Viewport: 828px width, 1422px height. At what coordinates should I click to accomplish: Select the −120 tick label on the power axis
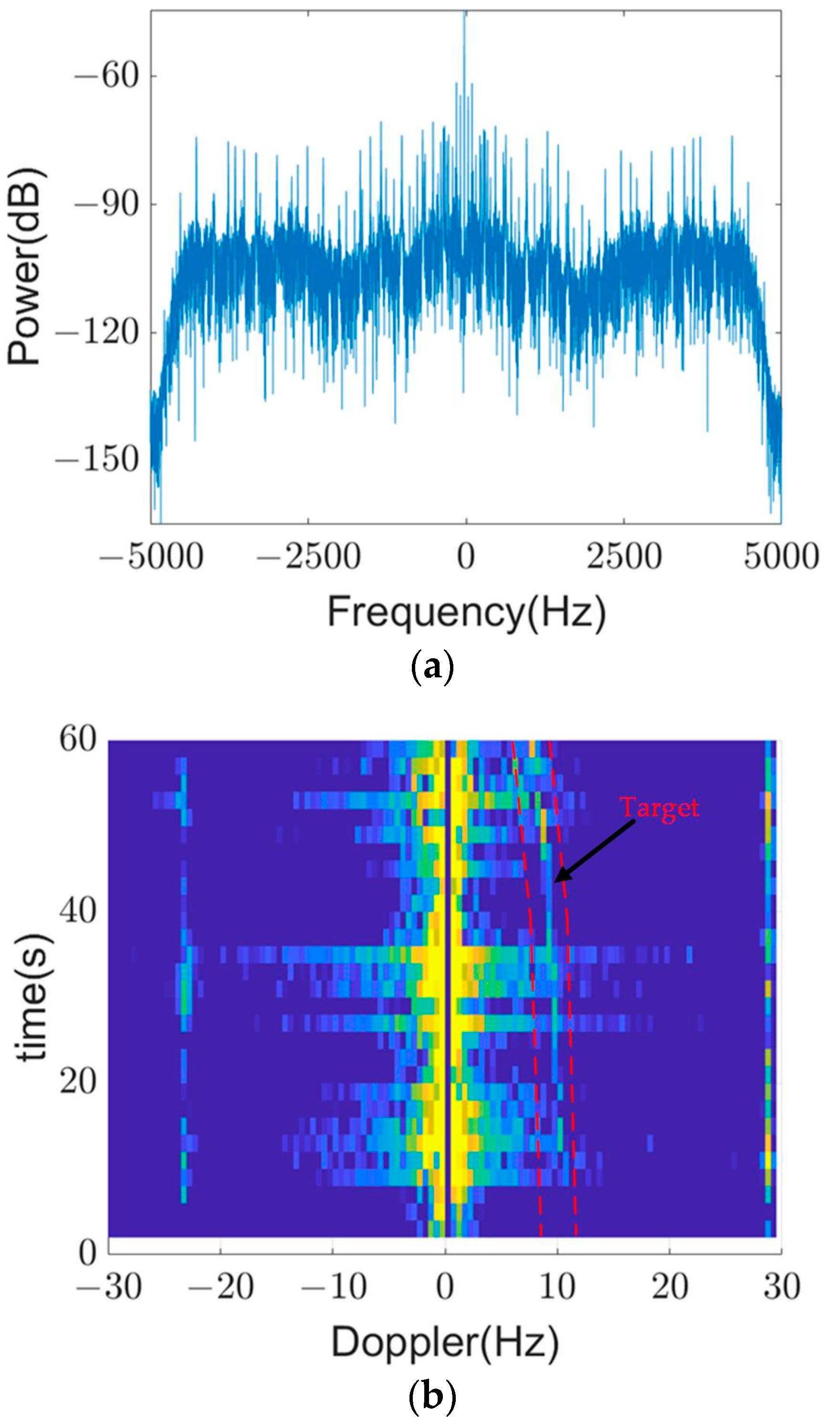(96, 333)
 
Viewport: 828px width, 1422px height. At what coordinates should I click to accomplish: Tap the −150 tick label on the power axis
(96, 459)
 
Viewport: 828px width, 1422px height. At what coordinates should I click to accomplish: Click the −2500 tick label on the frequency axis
(308, 557)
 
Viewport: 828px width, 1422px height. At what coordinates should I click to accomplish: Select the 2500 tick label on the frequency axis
(624, 557)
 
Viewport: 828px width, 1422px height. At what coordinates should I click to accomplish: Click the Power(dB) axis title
(25, 266)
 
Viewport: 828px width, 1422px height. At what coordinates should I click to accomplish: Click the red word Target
(660, 808)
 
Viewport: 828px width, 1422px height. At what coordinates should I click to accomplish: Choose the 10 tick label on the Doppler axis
(557, 1271)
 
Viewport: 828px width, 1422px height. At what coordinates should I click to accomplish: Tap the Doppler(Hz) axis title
(445, 1342)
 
